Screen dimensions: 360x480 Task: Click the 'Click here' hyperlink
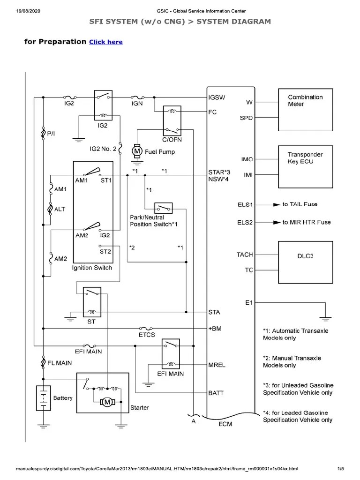pos(106,42)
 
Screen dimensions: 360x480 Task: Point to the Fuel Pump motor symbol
pos(137,150)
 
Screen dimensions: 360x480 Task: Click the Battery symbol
pos(44,398)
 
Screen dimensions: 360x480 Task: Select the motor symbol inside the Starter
pos(107,402)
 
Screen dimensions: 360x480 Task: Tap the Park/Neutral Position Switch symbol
pos(164,208)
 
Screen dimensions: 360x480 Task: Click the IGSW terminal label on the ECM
pos(217,97)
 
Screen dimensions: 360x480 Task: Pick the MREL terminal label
pos(217,365)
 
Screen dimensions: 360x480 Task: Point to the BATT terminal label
pos(216,393)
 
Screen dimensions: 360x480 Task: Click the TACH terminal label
pos(245,255)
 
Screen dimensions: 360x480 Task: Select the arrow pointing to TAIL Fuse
pos(277,205)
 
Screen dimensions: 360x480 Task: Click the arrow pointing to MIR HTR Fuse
pos(277,223)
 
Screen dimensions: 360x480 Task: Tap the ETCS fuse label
pos(147,335)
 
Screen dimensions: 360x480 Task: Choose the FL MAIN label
pos(60,363)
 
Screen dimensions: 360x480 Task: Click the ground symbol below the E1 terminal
pos(325,319)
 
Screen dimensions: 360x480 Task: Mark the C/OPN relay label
pos(172,140)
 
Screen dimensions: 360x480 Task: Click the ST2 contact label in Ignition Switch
pos(105,252)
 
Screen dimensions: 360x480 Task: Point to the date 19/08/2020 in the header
pos(28,11)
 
